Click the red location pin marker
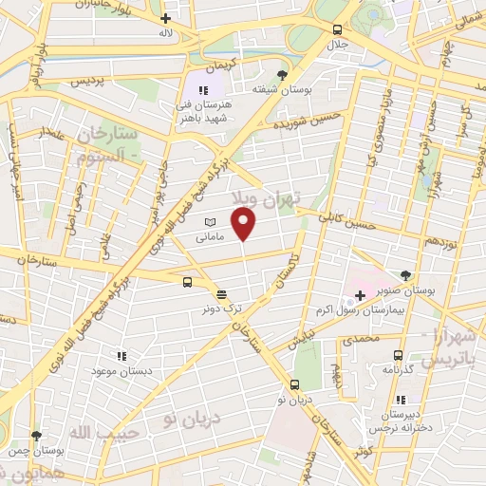(x=245, y=224)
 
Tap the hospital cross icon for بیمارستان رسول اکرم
(x=360, y=295)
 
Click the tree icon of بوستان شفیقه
(x=281, y=73)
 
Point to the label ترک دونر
(x=220, y=308)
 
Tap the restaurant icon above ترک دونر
(x=221, y=294)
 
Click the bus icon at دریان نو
(x=294, y=385)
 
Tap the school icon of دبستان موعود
(x=121, y=356)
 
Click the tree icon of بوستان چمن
(x=36, y=436)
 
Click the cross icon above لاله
(x=166, y=17)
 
